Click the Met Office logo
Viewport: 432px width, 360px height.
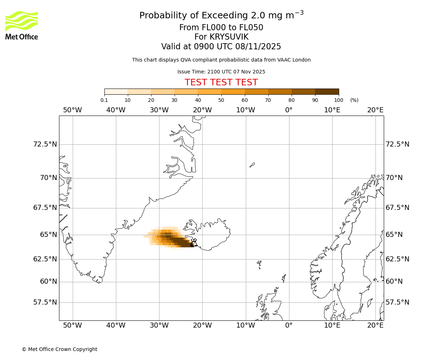pyautogui.click(x=22, y=26)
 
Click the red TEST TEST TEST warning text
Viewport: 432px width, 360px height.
pyautogui.click(x=221, y=82)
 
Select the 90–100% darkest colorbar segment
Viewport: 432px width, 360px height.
pyautogui.click(x=327, y=91)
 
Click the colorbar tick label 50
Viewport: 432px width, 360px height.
pyautogui.click(x=221, y=100)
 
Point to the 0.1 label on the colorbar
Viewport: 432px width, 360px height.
pyautogui.click(x=104, y=100)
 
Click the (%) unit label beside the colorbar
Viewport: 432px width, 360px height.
pyautogui.click(x=354, y=100)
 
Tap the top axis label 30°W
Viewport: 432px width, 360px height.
pyautogui.click(x=159, y=110)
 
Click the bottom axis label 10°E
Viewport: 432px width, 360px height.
pyautogui.click(x=332, y=325)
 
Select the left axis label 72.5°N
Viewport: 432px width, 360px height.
pyautogui.click(x=45, y=144)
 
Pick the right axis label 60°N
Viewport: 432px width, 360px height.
pyautogui.click(x=394, y=282)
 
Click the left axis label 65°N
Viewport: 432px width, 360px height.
pyautogui.click(x=48, y=235)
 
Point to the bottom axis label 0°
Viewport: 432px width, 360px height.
pyautogui.click(x=289, y=325)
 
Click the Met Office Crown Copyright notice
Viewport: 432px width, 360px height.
pyautogui.click(x=59, y=349)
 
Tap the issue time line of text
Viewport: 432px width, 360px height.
pyautogui.click(x=221, y=72)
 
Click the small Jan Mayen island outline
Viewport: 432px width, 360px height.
pyautogui.click(x=252, y=165)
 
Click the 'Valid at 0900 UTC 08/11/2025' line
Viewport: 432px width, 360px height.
pyautogui.click(x=221, y=46)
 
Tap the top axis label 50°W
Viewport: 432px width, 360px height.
pyautogui.click(x=72, y=110)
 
